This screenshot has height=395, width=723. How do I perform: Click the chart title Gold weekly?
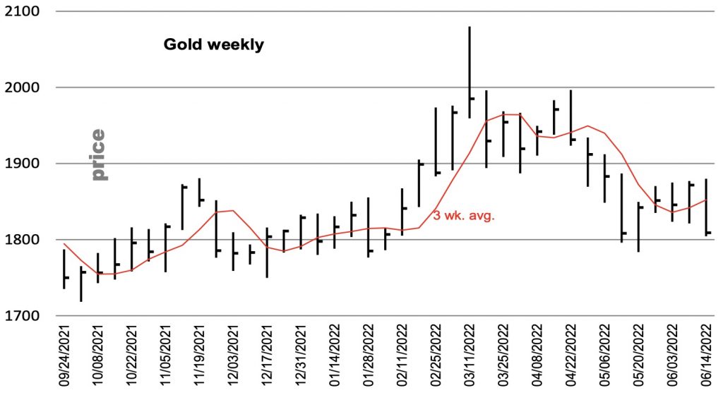click(x=213, y=45)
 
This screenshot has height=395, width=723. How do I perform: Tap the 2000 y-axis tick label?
click(x=25, y=88)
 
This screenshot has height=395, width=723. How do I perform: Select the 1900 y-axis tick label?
click(x=25, y=164)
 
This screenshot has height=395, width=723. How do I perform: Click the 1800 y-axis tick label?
click(x=25, y=240)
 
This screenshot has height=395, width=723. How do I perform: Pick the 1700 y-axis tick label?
click(x=25, y=316)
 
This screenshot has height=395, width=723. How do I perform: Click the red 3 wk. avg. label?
click(x=463, y=216)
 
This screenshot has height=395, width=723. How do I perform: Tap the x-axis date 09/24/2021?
click(x=66, y=356)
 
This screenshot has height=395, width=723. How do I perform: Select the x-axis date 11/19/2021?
click(x=201, y=356)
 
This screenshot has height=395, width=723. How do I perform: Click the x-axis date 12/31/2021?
click(x=302, y=356)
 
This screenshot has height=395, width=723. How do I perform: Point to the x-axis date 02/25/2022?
click(x=436, y=356)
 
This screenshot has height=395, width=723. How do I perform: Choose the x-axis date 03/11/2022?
click(x=470, y=356)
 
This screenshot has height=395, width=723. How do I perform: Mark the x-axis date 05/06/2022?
click(x=605, y=356)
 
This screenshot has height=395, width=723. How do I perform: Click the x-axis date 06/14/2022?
click(x=706, y=356)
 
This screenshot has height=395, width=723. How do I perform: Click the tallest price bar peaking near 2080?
click(x=470, y=71)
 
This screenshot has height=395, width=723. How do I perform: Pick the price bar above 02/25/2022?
click(x=436, y=141)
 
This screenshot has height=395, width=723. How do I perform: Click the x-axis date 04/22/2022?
click(x=571, y=356)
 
